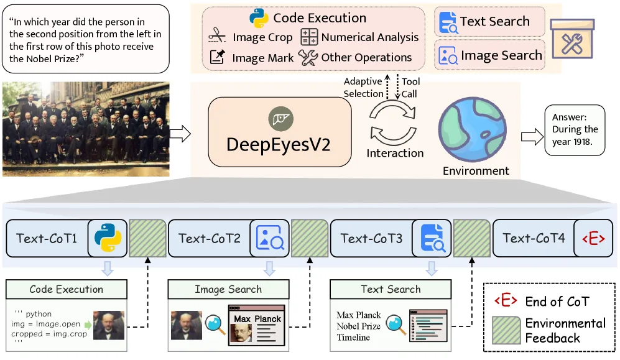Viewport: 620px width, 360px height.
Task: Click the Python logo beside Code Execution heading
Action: coord(259,18)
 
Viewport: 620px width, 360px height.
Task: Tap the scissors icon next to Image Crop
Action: coord(217,37)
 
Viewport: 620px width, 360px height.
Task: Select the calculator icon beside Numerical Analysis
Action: coord(309,37)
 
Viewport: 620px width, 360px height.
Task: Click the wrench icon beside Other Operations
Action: coord(308,57)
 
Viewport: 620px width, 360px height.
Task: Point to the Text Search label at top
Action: coord(495,22)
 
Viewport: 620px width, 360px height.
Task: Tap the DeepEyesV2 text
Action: coord(279,145)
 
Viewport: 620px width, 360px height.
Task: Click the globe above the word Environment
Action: coord(475,130)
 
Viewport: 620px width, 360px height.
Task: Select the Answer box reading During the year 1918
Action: coord(575,130)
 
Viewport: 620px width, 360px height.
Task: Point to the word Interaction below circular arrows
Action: coord(395,153)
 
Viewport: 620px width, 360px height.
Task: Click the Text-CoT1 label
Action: coord(47,238)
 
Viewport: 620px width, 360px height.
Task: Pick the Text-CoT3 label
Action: coord(371,238)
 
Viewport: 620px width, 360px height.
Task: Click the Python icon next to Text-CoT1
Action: coord(107,238)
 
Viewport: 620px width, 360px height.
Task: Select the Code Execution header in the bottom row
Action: coord(67,289)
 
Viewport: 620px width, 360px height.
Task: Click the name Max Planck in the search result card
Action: coord(257,319)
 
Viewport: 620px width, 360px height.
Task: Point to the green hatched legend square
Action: coord(506,330)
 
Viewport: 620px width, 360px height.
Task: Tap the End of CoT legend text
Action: coord(557,302)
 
